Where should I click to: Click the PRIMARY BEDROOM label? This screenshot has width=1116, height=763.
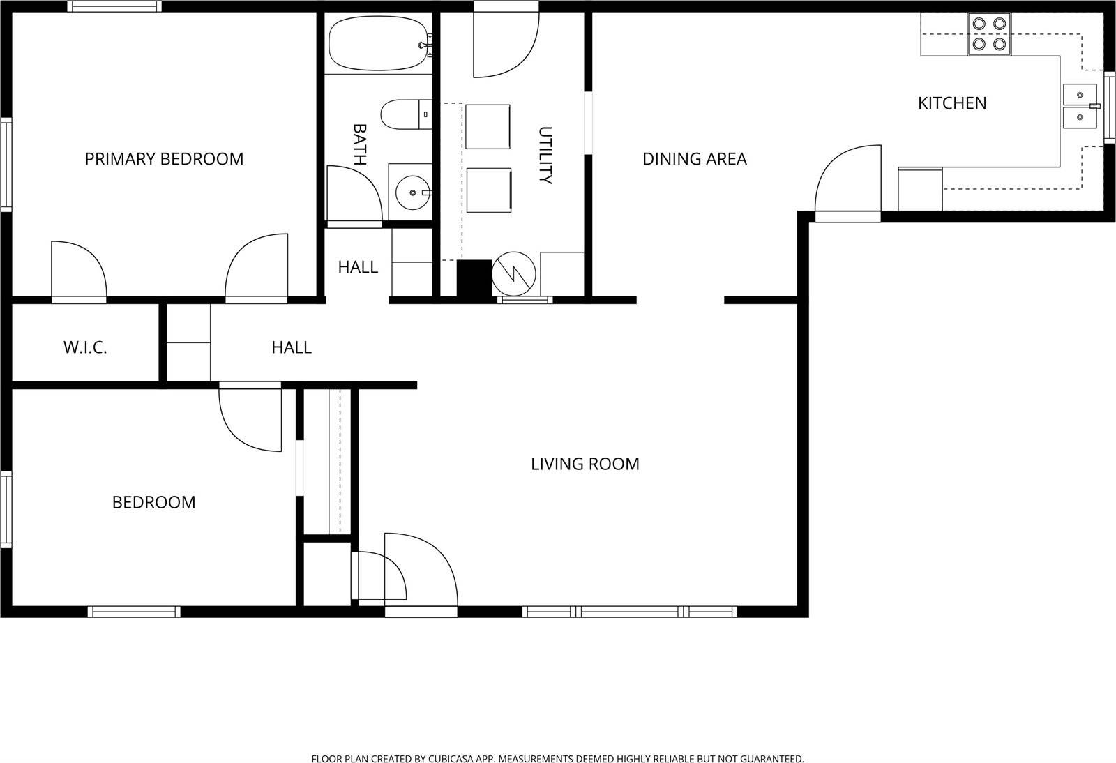tap(164, 159)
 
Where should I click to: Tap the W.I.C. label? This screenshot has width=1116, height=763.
tap(85, 347)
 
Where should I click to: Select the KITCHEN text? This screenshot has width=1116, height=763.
tap(951, 103)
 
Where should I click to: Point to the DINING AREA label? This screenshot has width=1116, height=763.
tap(694, 159)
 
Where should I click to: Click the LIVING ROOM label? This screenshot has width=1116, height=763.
tap(585, 464)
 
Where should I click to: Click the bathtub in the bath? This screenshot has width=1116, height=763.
tap(377, 43)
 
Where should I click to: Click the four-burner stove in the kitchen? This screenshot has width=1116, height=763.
tap(989, 34)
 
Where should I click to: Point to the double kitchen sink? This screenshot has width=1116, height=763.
tap(1080, 105)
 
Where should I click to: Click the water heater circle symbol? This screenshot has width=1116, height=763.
tap(515, 274)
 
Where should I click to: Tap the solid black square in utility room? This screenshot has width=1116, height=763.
tap(474, 278)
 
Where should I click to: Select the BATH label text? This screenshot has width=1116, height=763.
tap(359, 144)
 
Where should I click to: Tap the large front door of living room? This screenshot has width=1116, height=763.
tap(421, 568)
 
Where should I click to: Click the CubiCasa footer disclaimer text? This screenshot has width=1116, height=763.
tap(557, 758)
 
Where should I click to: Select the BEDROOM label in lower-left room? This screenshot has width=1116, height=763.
tap(153, 502)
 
